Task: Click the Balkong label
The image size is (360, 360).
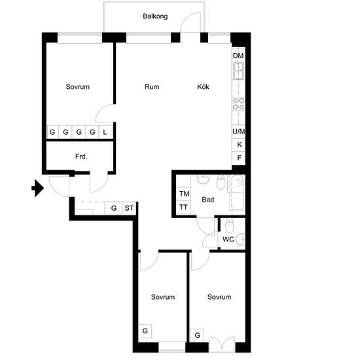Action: [x=155, y=16]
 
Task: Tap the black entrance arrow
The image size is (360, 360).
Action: [x=38, y=189]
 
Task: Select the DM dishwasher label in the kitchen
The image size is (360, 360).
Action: [x=238, y=56]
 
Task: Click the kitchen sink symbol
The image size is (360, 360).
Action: [x=238, y=71]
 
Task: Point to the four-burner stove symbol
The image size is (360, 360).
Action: [x=238, y=104]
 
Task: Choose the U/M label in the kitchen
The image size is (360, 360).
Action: [x=238, y=132]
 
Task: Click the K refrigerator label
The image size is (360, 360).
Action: [x=239, y=145]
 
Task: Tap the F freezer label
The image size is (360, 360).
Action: [x=239, y=158]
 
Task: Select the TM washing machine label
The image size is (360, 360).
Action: [x=184, y=194]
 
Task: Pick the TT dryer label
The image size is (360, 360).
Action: [x=183, y=207]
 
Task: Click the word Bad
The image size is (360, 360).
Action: [x=207, y=200]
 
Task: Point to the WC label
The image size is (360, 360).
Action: [x=228, y=240]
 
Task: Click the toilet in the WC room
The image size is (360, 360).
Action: [x=229, y=226]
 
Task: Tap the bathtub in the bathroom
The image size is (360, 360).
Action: [x=238, y=192]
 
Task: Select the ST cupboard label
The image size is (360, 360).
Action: [x=129, y=208]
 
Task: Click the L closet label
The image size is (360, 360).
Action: [x=105, y=132]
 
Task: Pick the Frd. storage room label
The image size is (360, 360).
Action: [x=81, y=156]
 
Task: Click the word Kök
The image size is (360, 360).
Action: [x=203, y=87]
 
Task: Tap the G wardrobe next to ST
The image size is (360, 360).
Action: [x=114, y=208]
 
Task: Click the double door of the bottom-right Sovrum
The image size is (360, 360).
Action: [x=222, y=343]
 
